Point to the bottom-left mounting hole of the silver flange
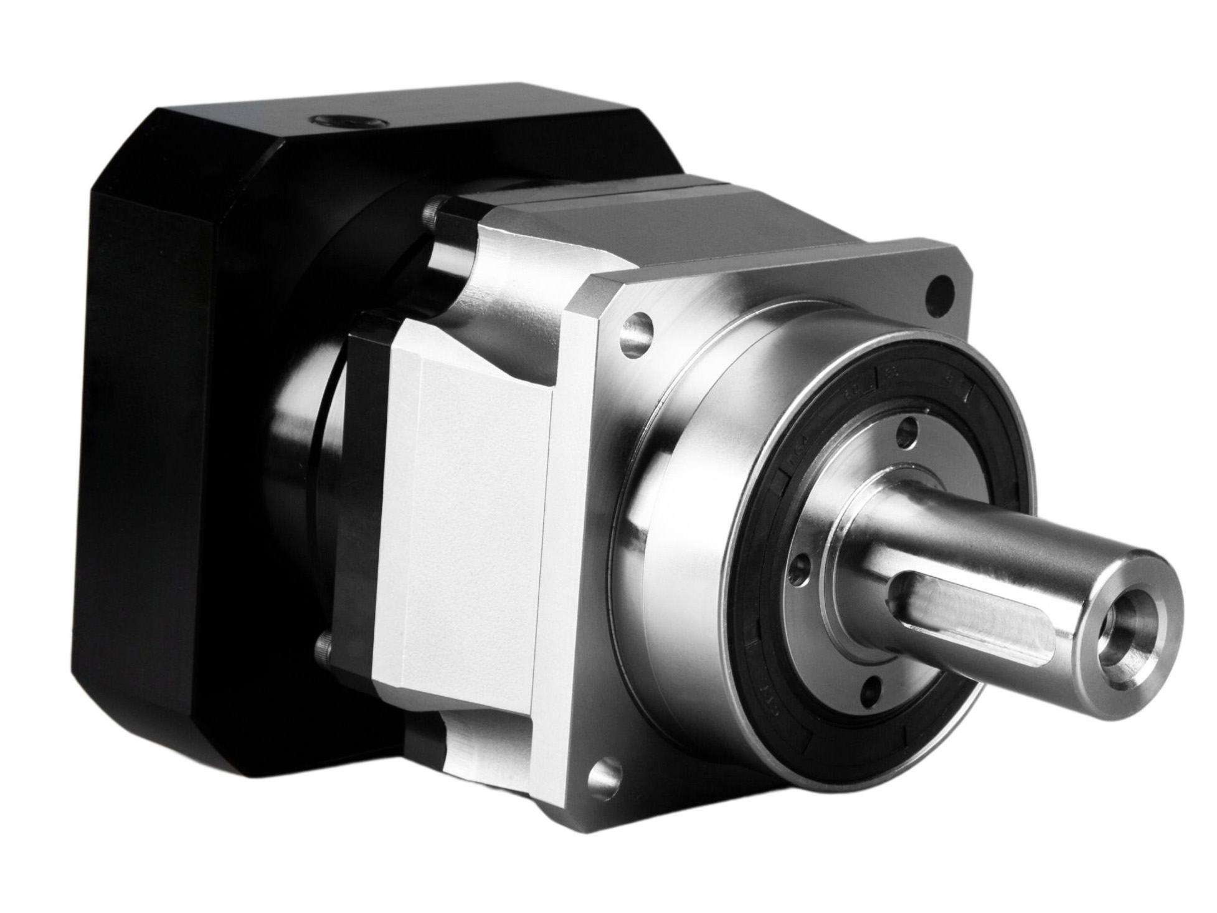point(602,777)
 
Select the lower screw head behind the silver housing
point(323,650)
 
